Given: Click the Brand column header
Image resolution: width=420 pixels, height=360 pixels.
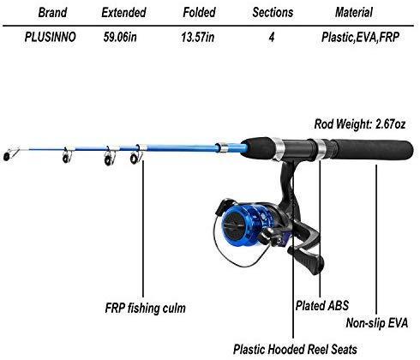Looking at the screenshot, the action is [52, 13].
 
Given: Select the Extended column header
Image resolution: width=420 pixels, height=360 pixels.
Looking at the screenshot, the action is [123, 13].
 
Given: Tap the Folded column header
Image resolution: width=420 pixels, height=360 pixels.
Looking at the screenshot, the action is [199, 13].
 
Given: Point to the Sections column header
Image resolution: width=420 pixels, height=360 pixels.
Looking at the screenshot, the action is [273, 13].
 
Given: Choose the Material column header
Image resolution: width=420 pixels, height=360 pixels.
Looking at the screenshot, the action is [354, 13].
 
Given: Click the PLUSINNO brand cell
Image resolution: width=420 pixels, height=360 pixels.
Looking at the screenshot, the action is [51, 37].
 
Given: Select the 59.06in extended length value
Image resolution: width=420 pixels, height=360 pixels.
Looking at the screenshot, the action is [120, 37].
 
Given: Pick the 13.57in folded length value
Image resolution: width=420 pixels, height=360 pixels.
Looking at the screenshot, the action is [198, 37].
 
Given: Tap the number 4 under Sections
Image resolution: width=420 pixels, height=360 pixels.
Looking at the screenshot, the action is [272, 38].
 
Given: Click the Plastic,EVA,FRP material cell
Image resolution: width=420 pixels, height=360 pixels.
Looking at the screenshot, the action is [360, 37].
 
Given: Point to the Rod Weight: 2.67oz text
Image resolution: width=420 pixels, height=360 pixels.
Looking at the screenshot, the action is [360, 124].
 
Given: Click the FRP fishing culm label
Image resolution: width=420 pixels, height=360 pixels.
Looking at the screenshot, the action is [146, 309].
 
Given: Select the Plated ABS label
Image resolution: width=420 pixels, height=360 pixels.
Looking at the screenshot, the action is [322, 305].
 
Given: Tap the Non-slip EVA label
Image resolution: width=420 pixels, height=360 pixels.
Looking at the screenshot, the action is [377, 323].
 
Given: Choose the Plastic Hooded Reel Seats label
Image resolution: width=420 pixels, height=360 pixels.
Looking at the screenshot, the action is [295, 349].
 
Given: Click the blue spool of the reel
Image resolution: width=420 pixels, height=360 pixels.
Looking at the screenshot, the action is [243, 225].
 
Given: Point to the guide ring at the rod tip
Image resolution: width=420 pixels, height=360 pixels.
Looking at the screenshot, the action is [7, 156].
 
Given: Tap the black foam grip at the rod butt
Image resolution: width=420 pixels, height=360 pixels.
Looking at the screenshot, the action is [371, 150].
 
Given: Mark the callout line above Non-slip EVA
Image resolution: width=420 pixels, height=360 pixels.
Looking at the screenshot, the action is [376, 239].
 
